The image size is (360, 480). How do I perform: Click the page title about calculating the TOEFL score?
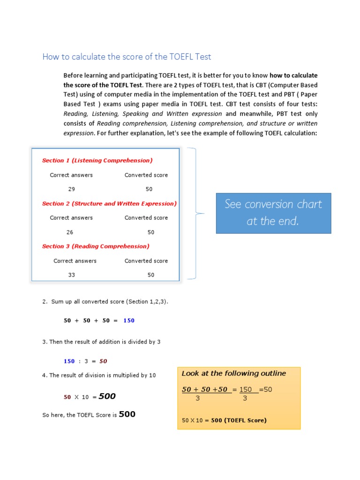[x=127, y=57]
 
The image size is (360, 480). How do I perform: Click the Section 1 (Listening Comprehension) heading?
[x=97, y=160]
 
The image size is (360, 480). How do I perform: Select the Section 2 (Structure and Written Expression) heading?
[x=109, y=203]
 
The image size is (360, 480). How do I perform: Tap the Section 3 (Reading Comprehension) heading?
[x=96, y=246]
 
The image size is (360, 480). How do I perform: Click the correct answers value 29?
[x=71, y=189]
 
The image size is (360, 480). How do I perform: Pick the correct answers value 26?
[x=70, y=232]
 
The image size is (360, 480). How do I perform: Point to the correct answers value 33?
[x=71, y=275]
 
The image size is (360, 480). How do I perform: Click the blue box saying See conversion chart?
[x=273, y=213]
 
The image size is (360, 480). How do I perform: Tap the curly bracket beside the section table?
[x=194, y=213]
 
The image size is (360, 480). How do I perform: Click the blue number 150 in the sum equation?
[x=128, y=321]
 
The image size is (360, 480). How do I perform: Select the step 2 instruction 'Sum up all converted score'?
[x=105, y=301]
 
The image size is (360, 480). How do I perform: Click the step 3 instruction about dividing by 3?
[x=101, y=342]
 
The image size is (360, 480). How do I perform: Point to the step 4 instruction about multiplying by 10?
[x=99, y=375]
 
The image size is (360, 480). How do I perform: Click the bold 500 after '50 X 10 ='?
[x=107, y=397]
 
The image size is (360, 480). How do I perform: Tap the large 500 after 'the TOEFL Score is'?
[x=127, y=414]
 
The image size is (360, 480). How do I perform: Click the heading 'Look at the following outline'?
[x=233, y=374]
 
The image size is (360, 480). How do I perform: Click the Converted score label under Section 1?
[x=146, y=175]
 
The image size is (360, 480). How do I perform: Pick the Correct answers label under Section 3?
[x=75, y=261]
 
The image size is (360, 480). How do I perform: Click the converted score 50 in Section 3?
[x=150, y=275]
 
